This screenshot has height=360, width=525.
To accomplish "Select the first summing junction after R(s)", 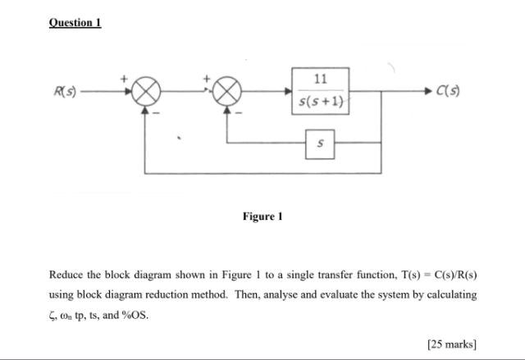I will pyautogui.click(x=145, y=93).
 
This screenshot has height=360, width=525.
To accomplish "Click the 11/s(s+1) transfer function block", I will pyautogui.click(x=321, y=91).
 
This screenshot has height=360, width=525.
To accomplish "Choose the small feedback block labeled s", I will pyautogui.click(x=320, y=143).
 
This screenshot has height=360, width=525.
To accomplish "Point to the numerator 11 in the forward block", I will pyautogui.click(x=321, y=80).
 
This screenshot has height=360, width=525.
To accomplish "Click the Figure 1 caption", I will pyautogui.click(x=262, y=216).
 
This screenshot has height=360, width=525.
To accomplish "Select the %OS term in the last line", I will pyautogui.click(x=136, y=314).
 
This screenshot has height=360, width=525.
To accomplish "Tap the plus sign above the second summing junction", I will pyautogui.click(x=209, y=78).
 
